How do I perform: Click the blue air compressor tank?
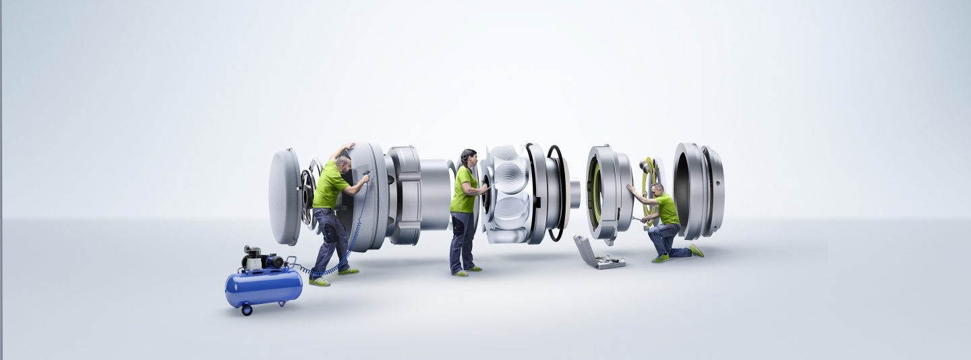(263, 287)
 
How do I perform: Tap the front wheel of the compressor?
(246, 309)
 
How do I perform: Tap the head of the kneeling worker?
(657, 189)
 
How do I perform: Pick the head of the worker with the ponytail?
(469, 159)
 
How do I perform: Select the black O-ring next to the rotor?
(557, 193)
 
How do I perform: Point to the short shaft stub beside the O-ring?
(575, 194)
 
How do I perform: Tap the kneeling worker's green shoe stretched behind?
(696, 250)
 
